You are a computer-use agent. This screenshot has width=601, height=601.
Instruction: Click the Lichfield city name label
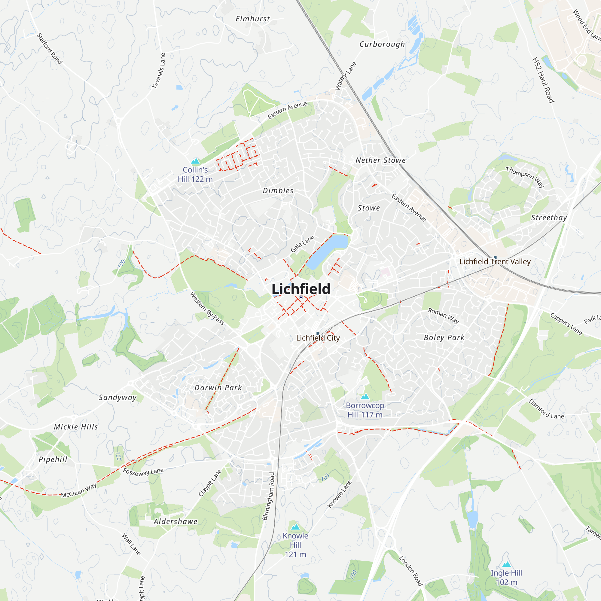pyautogui.click(x=301, y=289)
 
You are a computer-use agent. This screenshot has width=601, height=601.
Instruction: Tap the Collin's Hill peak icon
pyautogui.click(x=195, y=161)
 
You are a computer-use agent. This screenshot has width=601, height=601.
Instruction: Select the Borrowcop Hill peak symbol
pyautogui.click(x=365, y=397)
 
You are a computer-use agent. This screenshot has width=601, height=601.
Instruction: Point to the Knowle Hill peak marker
pyautogui.click(x=295, y=527)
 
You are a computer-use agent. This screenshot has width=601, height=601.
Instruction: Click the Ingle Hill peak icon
pyautogui.click(x=506, y=564)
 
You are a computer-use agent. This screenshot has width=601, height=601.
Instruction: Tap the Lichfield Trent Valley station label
pyautogui.click(x=495, y=262)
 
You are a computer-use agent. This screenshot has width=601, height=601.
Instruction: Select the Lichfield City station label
pyautogui.click(x=318, y=338)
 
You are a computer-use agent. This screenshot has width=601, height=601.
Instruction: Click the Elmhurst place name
pyautogui.click(x=253, y=19)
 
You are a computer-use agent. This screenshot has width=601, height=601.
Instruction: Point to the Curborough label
pyautogui.click(x=382, y=44)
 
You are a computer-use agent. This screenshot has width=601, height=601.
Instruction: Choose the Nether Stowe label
pyautogui.click(x=380, y=160)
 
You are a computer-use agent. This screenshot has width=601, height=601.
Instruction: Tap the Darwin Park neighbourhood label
pyautogui.click(x=218, y=388)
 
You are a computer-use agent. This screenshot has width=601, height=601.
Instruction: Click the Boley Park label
pyautogui.click(x=444, y=337)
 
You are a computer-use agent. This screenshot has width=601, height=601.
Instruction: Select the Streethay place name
pyautogui.click(x=549, y=218)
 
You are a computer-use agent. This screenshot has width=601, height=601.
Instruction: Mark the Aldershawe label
pyautogui.click(x=175, y=522)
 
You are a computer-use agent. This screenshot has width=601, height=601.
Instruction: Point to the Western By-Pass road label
pyautogui.click(x=207, y=308)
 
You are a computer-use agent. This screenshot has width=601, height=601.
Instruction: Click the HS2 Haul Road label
pyautogui.click(x=543, y=80)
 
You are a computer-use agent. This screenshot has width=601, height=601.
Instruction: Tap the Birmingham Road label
pyautogui.click(x=268, y=496)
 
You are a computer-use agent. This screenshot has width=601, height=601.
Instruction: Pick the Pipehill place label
pyautogui.click(x=53, y=459)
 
